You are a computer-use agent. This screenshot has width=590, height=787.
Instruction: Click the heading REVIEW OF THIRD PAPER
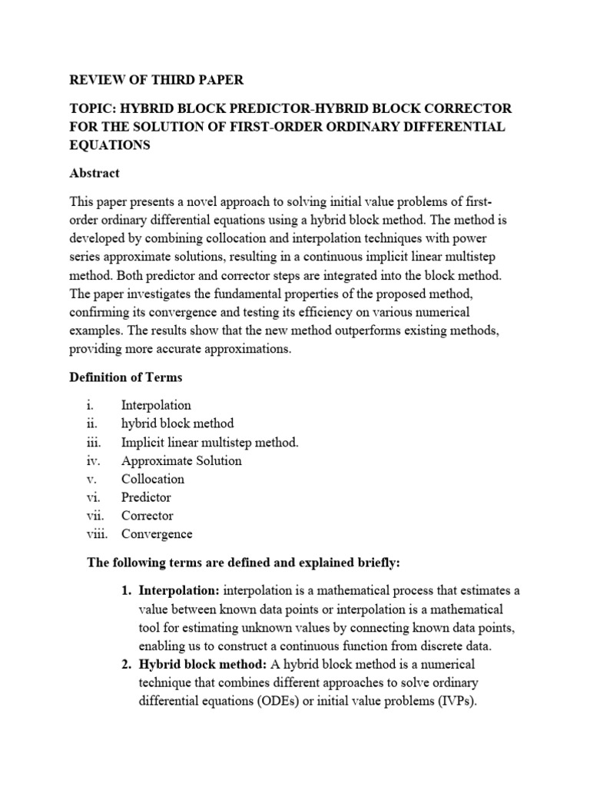[x=158, y=79]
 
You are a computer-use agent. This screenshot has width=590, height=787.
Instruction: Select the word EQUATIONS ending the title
[x=111, y=144]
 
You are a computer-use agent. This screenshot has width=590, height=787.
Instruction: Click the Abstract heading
[x=95, y=174]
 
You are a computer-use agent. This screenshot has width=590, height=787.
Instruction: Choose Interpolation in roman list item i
[x=156, y=405]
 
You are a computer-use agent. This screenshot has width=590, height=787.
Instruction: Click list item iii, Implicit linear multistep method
[x=210, y=442]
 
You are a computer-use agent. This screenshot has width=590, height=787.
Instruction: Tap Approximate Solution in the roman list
[x=181, y=460]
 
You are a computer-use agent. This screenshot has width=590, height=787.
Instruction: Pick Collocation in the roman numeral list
[x=153, y=479]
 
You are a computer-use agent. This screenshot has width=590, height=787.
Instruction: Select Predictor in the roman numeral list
[x=146, y=497]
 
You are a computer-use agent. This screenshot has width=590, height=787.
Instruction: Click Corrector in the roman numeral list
[x=147, y=516]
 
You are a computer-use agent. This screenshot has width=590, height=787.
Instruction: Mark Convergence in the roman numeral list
[x=157, y=534]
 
